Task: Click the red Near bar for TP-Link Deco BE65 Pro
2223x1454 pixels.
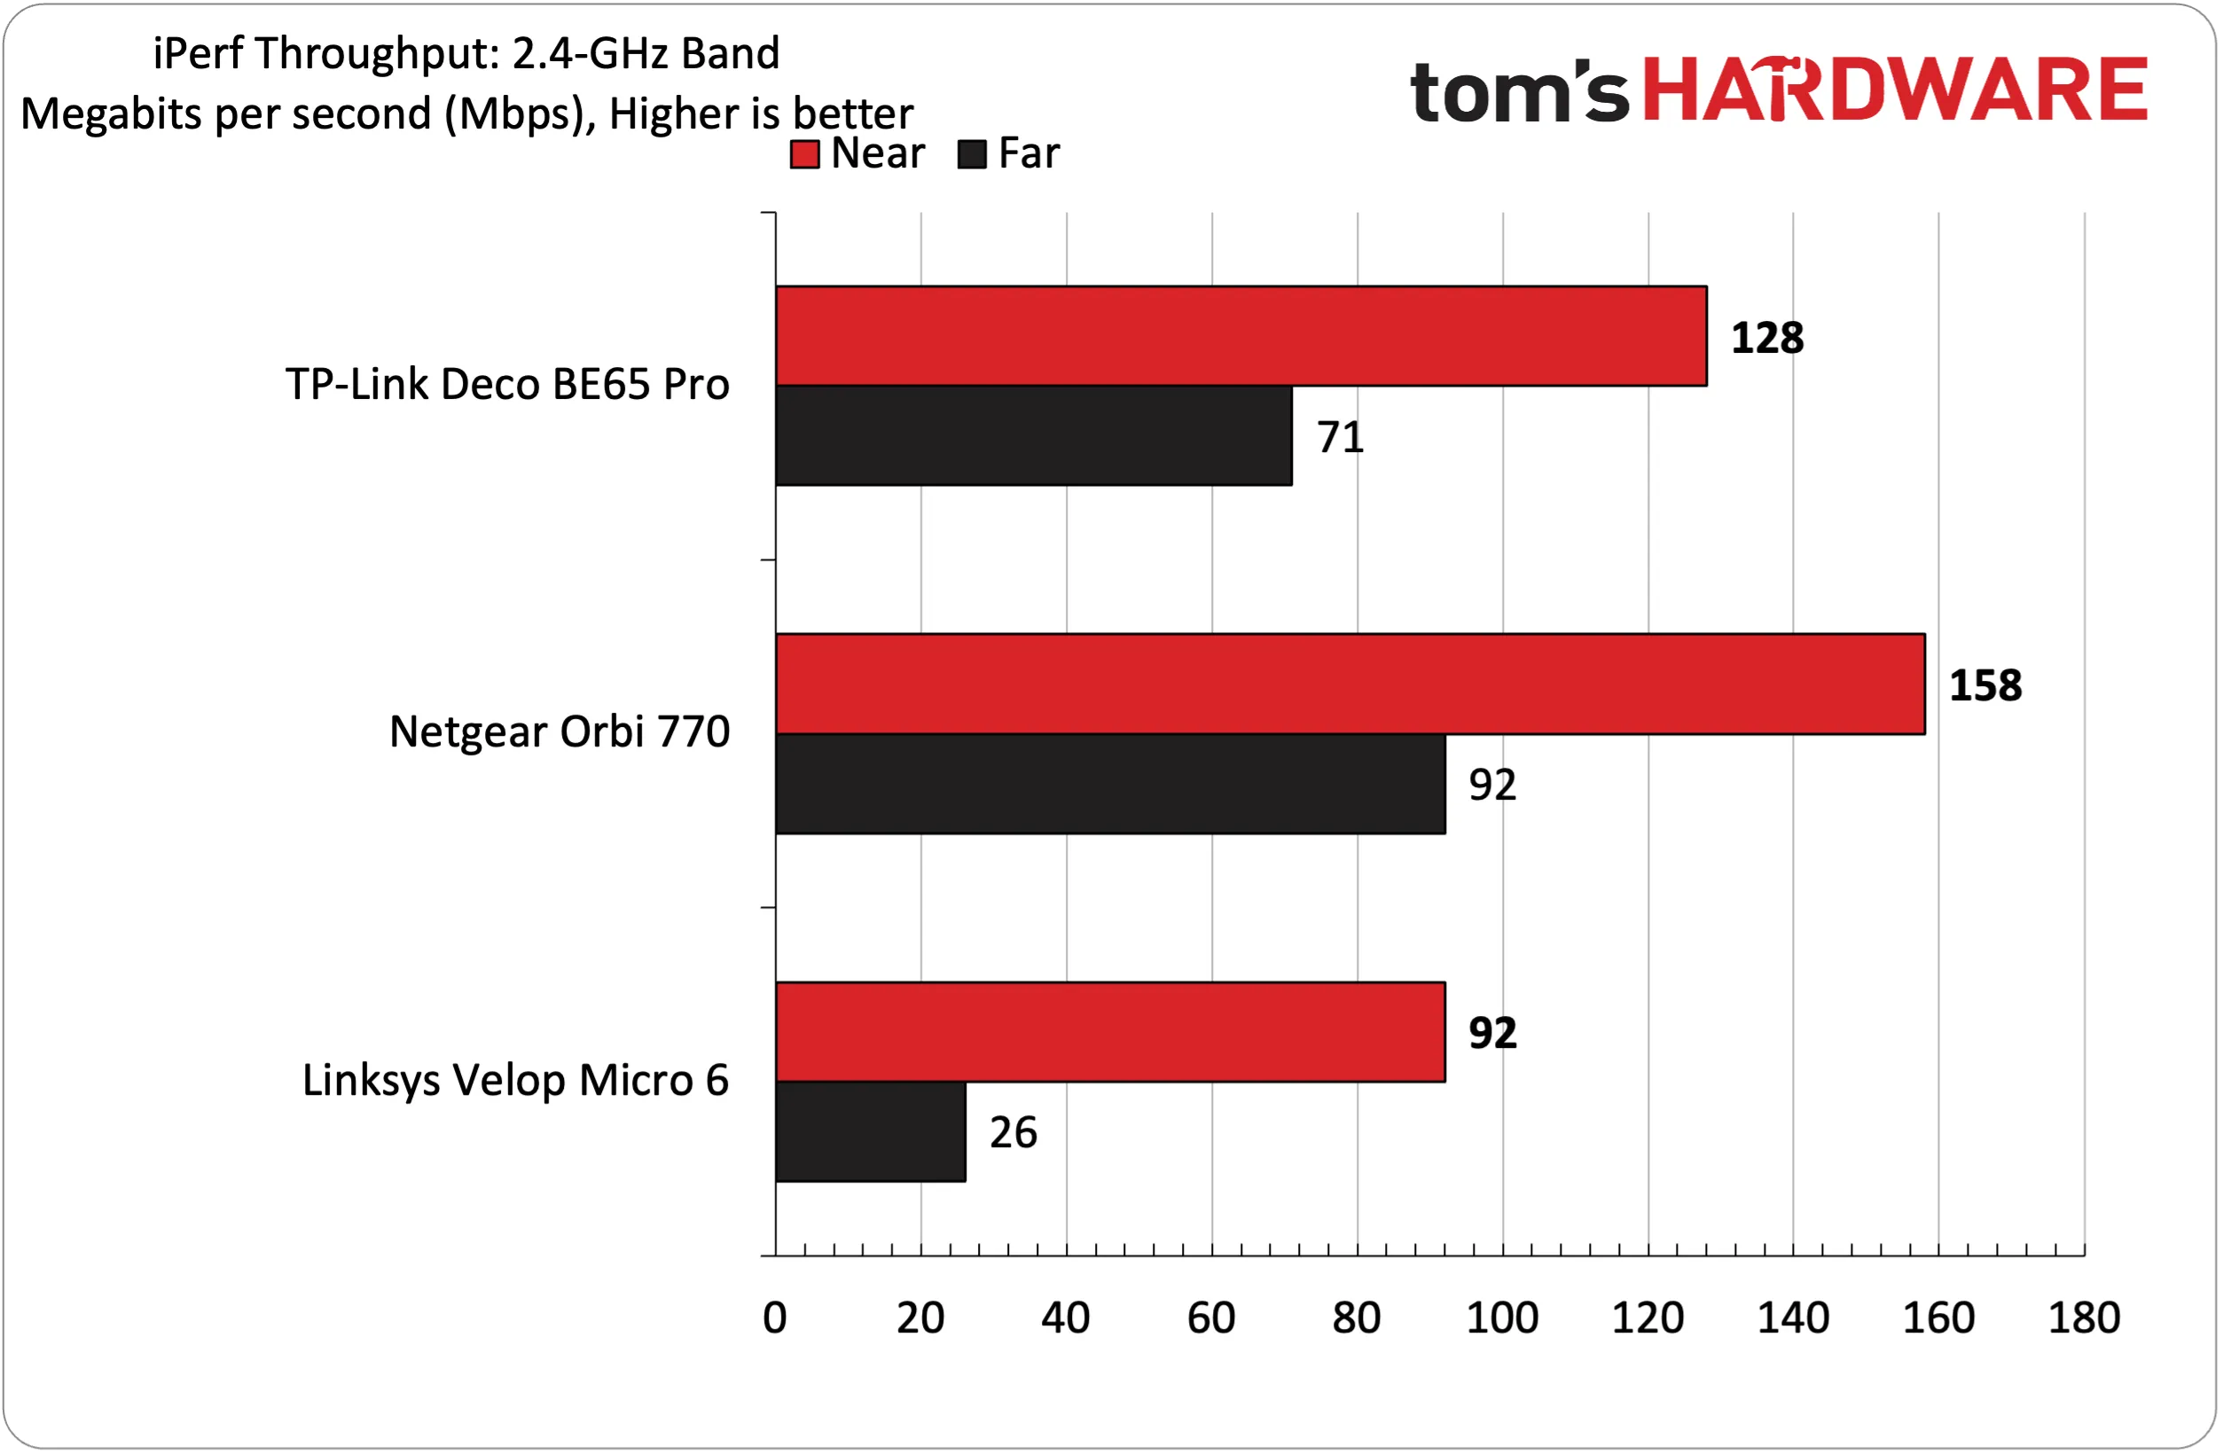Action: pyautogui.click(x=1241, y=336)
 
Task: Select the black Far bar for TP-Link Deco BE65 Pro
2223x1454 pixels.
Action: pyautogui.click(x=1034, y=436)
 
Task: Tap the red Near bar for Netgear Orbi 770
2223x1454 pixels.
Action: pyautogui.click(x=1350, y=684)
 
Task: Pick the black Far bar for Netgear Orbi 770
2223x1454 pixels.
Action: pyautogui.click(x=1110, y=785)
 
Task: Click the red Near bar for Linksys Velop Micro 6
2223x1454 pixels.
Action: pyautogui.click(x=1110, y=1033)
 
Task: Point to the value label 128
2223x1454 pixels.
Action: pyautogui.click(x=1768, y=338)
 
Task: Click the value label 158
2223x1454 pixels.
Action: pyautogui.click(x=1985, y=686)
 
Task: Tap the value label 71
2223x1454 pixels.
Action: pyautogui.click(x=1341, y=437)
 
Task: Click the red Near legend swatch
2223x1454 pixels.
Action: pyautogui.click(x=805, y=154)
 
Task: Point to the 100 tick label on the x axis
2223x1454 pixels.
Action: pyautogui.click(x=1503, y=1318)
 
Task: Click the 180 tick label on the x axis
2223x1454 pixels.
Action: pyautogui.click(x=2085, y=1318)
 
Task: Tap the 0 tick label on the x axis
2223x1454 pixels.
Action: pyautogui.click(x=775, y=1318)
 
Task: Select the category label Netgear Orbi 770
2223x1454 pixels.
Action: pyautogui.click(x=560, y=732)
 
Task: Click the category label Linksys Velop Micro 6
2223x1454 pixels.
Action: pyautogui.click(x=515, y=1081)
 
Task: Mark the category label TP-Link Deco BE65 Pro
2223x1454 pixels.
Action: pyautogui.click(x=507, y=385)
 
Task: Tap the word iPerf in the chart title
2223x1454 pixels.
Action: pyautogui.click(x=198, y=53)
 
